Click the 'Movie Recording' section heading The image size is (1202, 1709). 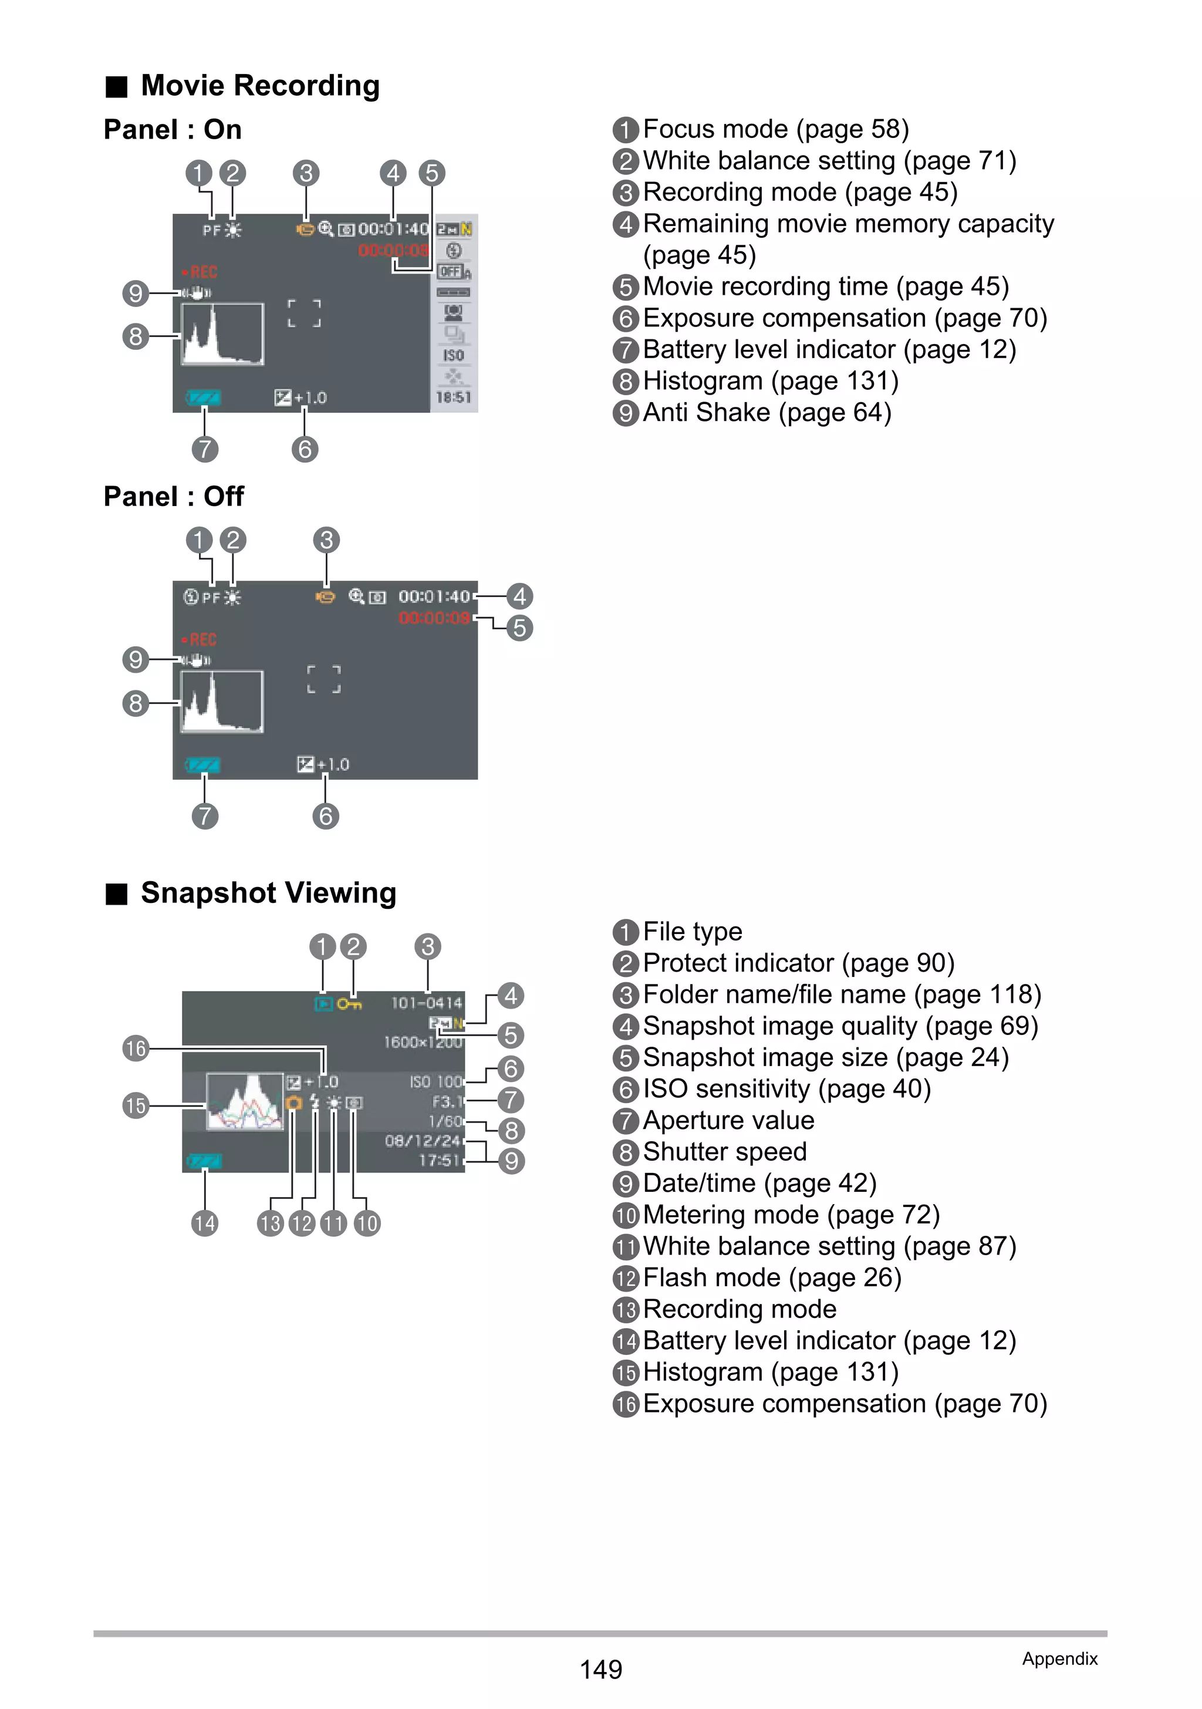[260, 86]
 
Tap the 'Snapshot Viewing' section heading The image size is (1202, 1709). [268, 892]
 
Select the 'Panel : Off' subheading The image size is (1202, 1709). [173, 497]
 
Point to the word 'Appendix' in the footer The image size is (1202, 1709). [1059, 1659]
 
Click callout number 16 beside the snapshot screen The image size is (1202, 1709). [136, 1049]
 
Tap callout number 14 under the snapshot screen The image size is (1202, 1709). [205, 1223]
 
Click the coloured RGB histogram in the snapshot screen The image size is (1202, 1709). [245, 1101]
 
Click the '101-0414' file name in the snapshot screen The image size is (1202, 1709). [427, 1003]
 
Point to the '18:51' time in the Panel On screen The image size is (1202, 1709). [453, 397]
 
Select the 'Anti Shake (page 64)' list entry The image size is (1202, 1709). [767, 412]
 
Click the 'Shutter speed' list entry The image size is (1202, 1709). [724, 1151]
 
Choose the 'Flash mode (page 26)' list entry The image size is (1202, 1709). [772, 1277]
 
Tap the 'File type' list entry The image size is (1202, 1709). [692, 932]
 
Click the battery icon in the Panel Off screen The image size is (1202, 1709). [202, 765]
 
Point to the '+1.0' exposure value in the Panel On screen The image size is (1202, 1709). [310, 398]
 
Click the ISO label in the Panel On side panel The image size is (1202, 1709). [453, 356]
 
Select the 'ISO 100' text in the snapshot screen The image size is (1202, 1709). [436, 1081]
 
